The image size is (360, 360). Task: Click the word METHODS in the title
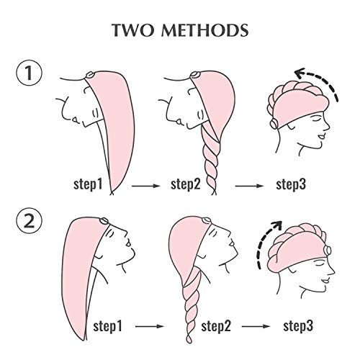pos(205,30)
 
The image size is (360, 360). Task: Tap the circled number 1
pos(29,73)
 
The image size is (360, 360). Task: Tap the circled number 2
pos(29,220)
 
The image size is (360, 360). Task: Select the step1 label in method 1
pos(88,184)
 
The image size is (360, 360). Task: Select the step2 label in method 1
pos(186,184)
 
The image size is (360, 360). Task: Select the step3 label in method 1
pos(291,184)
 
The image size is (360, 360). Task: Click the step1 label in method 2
pos(108,326)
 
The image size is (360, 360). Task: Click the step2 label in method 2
pos(216,326)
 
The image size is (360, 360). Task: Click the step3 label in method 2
pos(298,326)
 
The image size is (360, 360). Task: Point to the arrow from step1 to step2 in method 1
pos(146,186)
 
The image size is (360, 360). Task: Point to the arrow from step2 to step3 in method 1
pos(249,186)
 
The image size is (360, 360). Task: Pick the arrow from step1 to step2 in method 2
pos(150,326)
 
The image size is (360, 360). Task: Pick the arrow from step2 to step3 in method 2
pos(256,326)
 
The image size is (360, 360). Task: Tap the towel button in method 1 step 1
pos(90,75)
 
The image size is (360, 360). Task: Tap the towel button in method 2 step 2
pos(207,220)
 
